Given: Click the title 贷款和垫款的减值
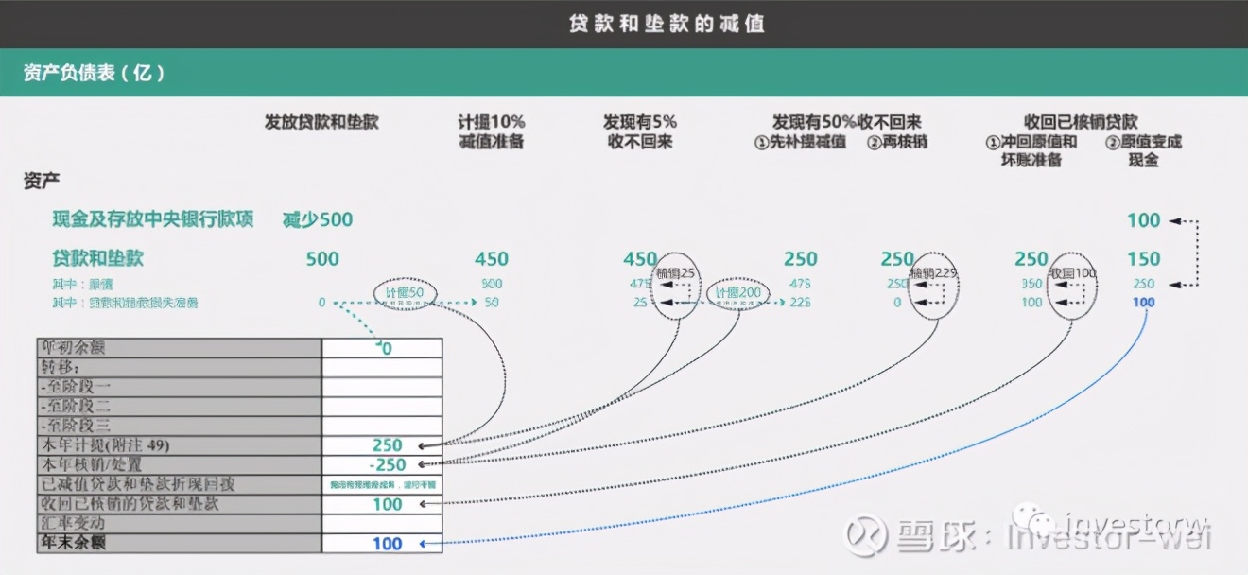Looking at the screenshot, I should pyautogui.click(x=667, y=24).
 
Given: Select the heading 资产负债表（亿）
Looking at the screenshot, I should pyautogui.click(x=95, y=73).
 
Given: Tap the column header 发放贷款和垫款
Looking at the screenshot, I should pyautogui.click(x=321, y=122).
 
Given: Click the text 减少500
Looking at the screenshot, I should pyautogui.click(x=318, y=220).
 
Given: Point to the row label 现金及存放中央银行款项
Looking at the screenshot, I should pyautogui.click(x=153, y=220).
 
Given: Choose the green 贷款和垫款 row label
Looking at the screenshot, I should pyautogui.click(x=98, y=258).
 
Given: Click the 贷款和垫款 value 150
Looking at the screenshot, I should pyautogui.click(x=1143, y=259).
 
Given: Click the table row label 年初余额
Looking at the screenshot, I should pyautogui.click(x=74, y=347).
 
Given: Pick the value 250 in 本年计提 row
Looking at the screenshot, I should pyautogui.click(x=387, y=445).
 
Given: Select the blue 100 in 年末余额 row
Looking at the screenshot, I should pyautogui.click(x=387, y=544).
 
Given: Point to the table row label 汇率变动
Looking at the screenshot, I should pyautogui.click(x=74, y=524).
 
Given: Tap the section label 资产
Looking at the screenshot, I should pyautogui.click(x=42, y=181).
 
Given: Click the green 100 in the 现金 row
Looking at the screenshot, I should pyautogui.click(x=1143, y=220).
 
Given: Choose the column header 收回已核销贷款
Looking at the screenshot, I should pyautogui.click(x=1081, y=122).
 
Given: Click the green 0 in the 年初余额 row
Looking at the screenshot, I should pyautogui.click(x=387, y=348).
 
